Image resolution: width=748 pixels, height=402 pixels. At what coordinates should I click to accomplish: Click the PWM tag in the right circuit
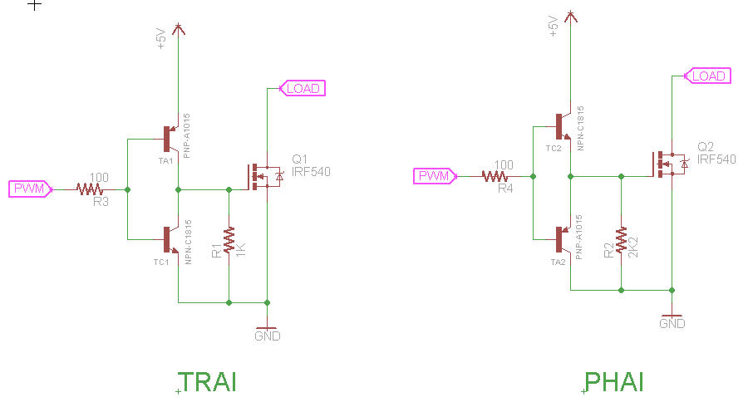pos(434,176)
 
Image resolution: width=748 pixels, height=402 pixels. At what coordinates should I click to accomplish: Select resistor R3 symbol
pos(90,189)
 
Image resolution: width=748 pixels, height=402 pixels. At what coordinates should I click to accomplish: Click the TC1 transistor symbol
pos(170,240)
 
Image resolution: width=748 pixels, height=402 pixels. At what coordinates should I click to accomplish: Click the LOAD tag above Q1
pos(303,88)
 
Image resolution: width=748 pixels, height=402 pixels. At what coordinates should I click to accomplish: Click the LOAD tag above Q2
pos(708,76)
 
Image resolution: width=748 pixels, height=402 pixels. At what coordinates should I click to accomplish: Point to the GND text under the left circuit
pos(267,336)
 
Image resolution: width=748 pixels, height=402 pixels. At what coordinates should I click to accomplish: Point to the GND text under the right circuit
pos(672,324)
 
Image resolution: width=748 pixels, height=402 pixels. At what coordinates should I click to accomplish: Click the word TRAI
pos(209,382)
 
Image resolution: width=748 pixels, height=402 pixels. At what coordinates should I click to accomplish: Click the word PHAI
pos(615,382)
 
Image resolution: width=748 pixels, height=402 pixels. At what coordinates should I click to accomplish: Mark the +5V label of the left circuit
pos(161,38)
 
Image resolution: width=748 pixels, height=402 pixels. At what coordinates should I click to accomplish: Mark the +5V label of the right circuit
pos(554,26)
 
